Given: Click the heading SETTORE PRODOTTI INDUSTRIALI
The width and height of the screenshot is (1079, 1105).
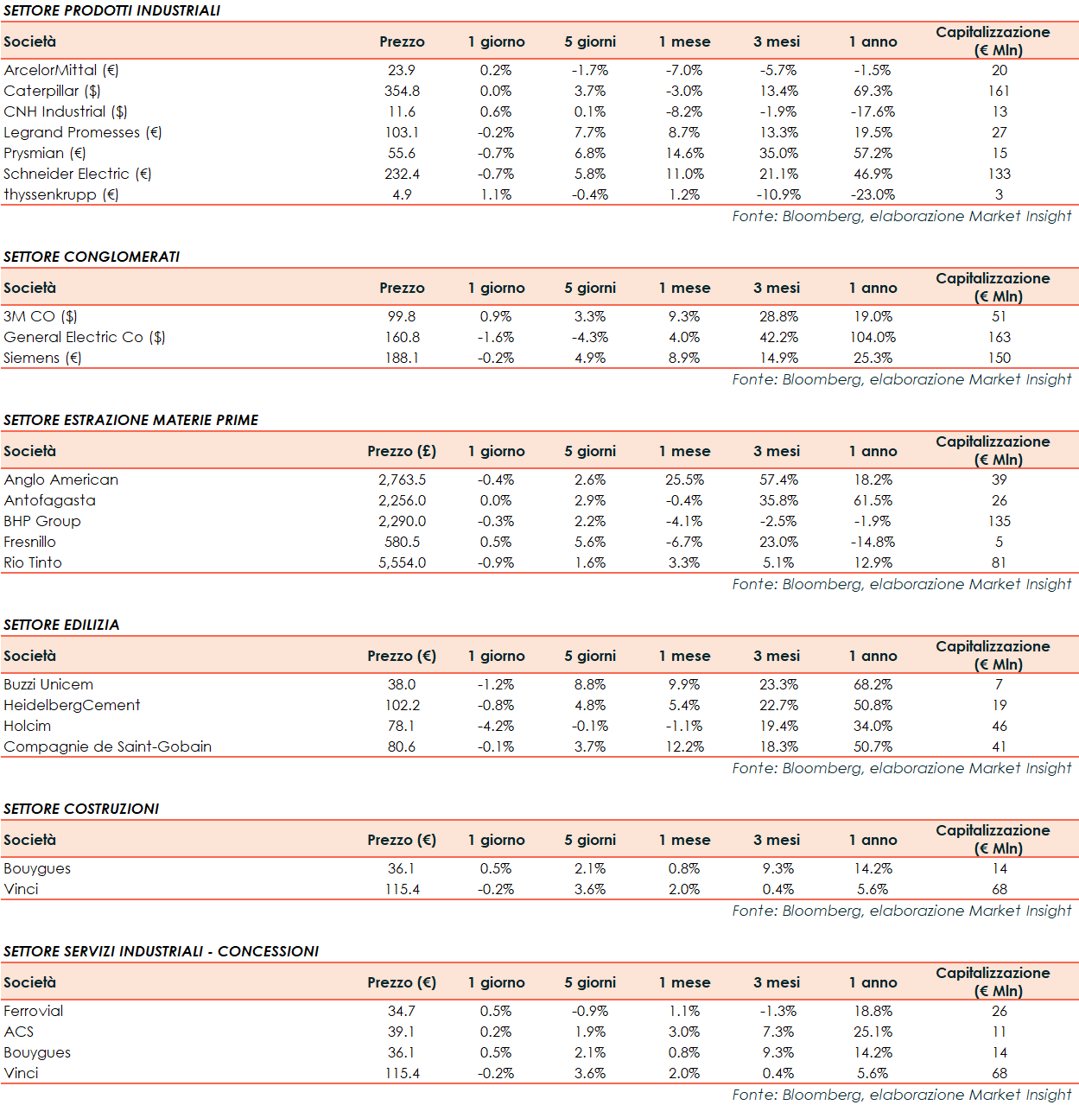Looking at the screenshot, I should [112, 10].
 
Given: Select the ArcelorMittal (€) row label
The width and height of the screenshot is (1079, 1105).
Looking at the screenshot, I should [61, 70].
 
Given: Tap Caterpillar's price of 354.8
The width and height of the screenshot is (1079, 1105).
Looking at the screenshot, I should [402, 91].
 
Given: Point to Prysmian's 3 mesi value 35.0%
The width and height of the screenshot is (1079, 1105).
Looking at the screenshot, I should [778, 153].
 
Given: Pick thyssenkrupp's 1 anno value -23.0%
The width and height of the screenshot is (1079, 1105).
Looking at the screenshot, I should [873, 194].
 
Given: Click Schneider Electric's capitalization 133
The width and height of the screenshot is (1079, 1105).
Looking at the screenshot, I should [1000, 174].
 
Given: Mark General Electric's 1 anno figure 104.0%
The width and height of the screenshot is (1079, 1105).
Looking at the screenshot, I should [873, 337].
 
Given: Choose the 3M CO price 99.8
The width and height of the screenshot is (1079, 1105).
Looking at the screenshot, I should [402, 316].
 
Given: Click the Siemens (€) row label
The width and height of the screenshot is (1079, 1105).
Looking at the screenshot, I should [42, 358].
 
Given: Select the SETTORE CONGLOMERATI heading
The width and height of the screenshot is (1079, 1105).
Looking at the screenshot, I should [92, 257].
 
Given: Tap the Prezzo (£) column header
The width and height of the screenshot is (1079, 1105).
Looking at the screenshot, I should [402, 451].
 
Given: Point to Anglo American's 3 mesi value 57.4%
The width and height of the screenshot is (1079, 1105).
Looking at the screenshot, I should [778, 479].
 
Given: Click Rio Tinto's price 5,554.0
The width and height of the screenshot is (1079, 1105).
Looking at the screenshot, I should [402, 562].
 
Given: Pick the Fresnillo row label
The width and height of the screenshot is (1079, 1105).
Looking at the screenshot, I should [29, 542].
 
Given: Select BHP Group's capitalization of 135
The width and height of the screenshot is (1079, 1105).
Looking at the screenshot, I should [1000, 521].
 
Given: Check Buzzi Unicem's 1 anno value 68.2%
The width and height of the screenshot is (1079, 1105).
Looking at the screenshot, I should [873, 684].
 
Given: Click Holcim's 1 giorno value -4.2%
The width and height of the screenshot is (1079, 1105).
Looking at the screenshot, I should [496, 726].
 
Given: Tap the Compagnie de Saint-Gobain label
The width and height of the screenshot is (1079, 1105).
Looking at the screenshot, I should [108, 746].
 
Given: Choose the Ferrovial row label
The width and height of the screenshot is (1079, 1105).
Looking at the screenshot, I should [34, 1011].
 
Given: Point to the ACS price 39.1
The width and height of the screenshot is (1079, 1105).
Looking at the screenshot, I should [402, 1032].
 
